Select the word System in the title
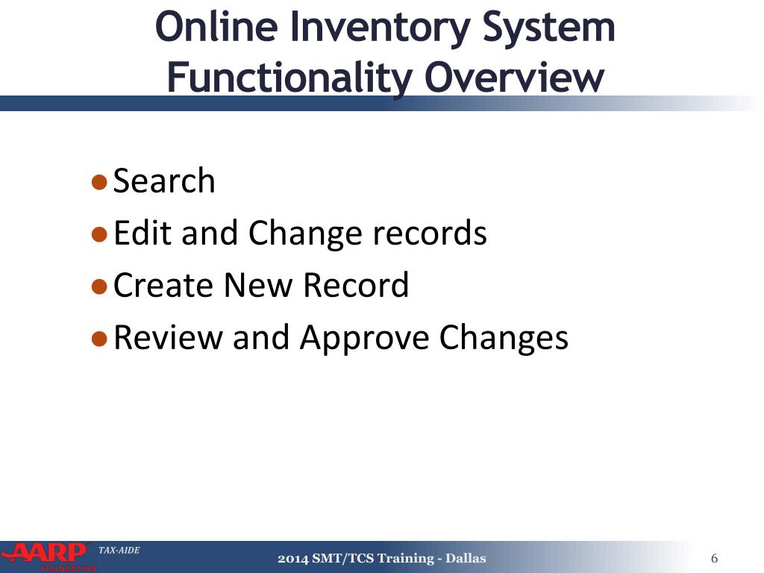click(549, 27)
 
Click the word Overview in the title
click(514, 78)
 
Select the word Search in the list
click(164, 181)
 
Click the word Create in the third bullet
click(163, 286)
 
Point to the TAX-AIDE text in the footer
click(119, 551)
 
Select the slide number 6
click(715, 559)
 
